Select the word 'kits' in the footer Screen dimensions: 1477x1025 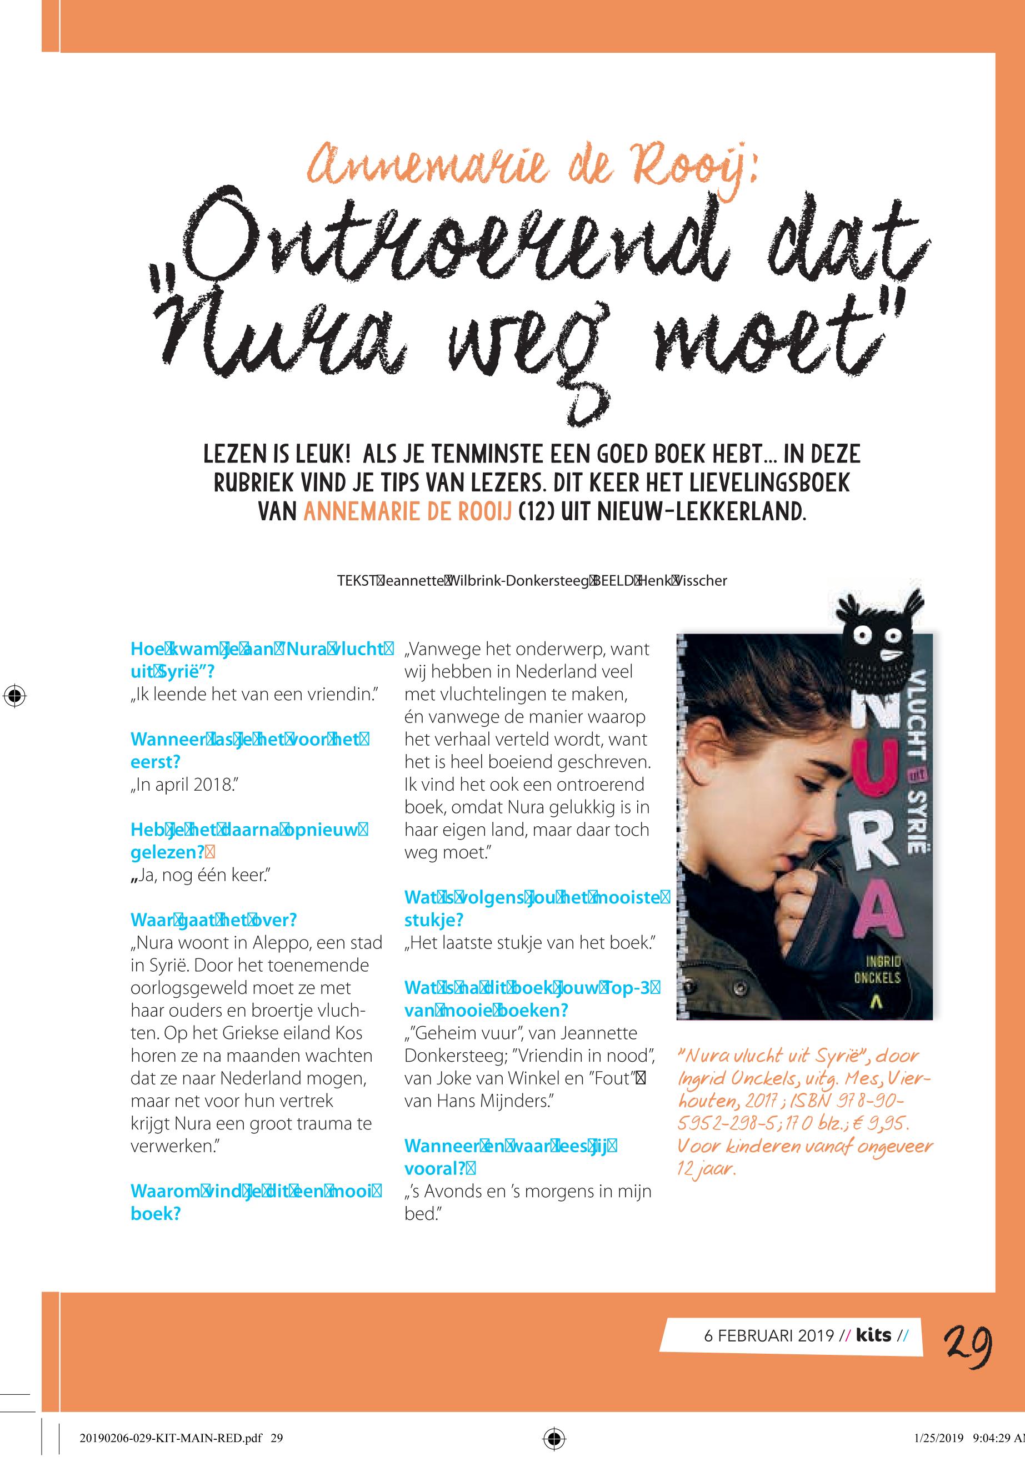873,1335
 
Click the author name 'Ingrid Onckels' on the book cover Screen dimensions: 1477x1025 877,969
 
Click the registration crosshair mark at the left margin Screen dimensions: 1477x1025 14,695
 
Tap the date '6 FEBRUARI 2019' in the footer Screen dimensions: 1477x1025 768,1336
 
